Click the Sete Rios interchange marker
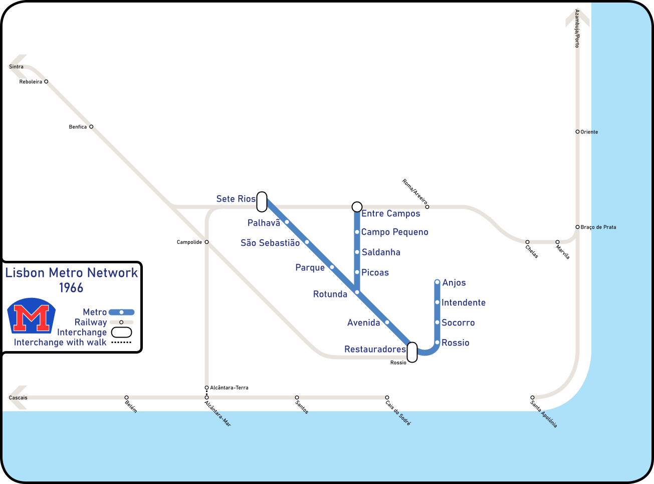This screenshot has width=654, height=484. [x=262, y=202]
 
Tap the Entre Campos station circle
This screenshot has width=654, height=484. [x=357, y=207]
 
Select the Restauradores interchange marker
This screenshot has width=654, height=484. [x=412, y=352]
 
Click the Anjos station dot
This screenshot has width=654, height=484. [x=437, y=282]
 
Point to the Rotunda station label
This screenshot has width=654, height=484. [x=330, y=294]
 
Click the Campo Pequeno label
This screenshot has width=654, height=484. [x=394, y=232]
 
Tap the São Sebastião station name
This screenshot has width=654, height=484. [x=270, y=243]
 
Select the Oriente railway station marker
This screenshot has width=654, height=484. [x=577, y=131]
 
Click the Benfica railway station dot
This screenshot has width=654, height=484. [x=91, y=126]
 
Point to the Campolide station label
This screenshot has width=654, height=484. [x=189, y=242]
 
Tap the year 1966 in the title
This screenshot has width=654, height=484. [x=71, y=288]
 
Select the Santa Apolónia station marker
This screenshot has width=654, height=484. [x=532, y=397]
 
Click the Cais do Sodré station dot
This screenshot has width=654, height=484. [x=387, y=397]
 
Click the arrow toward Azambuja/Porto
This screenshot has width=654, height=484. [x=577, y=19]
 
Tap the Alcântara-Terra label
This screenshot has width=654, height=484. [x=229, y=388]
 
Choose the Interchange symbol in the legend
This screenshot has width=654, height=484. [x=121, y=332]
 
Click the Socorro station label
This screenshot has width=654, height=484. [x=458, y=323]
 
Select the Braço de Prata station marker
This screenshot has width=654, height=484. [x=577, y=227]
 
